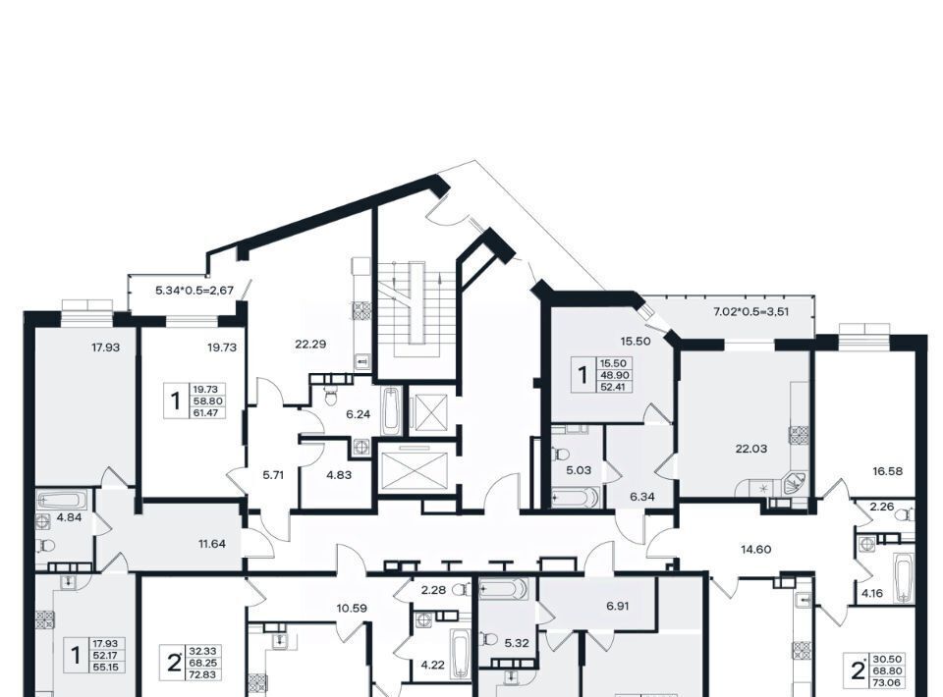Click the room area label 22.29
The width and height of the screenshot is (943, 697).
click(x=310, y=345)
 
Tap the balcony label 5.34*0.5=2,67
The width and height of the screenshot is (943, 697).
click(x=194, y=291)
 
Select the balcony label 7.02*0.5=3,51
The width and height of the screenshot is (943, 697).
click(x=751, y=312)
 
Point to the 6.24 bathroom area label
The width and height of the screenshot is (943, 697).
click(x=358, y=414)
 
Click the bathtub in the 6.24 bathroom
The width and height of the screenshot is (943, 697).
click(x=391, y=411)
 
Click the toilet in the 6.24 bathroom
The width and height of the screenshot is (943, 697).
click(x=330, y=396)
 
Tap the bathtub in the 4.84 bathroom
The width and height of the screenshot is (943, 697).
click(x=62, y=500)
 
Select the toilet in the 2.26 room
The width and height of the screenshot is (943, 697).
click(x=904, y=514)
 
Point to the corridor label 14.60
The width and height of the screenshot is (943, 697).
click(x=756, y=549)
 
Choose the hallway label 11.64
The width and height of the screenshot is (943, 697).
click(x=212, y=545)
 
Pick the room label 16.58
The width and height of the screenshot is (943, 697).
click(x=888, y=471)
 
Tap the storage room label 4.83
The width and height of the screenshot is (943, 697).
click(x=339, y=475)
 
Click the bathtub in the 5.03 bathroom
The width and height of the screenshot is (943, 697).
click(x=575, y=498)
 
